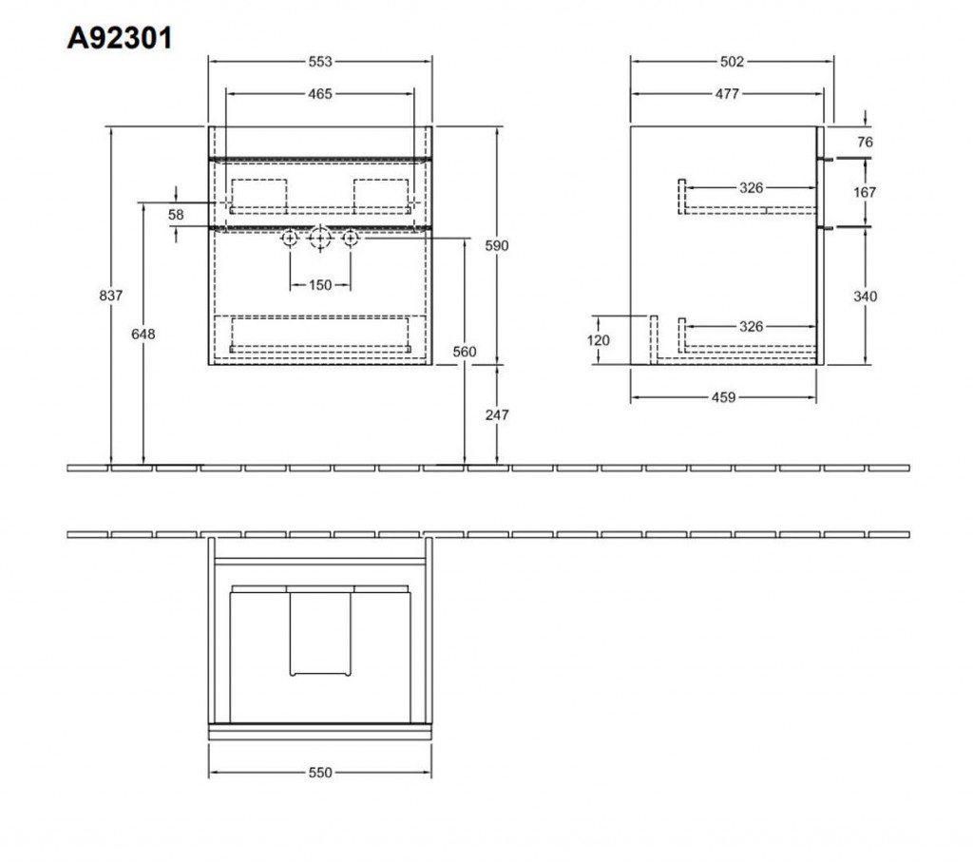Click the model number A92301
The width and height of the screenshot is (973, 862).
tap(119, 38)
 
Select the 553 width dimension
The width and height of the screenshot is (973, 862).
tap(320, 62)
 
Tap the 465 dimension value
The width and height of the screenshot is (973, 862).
tap(320, 94)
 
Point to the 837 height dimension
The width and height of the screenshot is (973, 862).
tap(111, 296)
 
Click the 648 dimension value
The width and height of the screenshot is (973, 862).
tap(143, 334)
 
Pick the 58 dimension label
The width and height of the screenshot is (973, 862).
tap(176, 215)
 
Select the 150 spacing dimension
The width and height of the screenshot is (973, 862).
tap(320, 285)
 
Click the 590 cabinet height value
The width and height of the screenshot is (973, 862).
tap(496, 246)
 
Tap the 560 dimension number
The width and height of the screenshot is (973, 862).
tap(464, 352)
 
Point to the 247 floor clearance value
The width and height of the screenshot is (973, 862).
tap(497, 414)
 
